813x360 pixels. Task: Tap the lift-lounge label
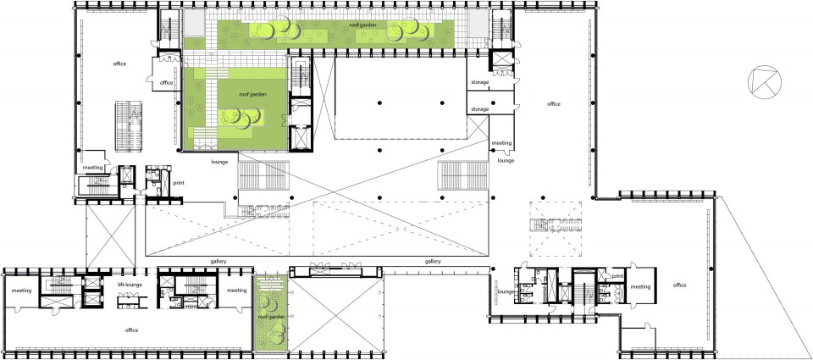(130, 285)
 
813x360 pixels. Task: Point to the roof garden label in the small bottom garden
(270, 317)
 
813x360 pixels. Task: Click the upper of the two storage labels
(479, 82)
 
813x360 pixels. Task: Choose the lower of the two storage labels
(479, 109)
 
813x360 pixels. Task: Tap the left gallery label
(218, 262)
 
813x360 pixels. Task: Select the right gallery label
(433, 262)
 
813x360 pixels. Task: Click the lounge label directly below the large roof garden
(220, 162)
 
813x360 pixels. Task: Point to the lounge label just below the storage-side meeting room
(506, 161)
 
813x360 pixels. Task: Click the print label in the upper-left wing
(180, 183)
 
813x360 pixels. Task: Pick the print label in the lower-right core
(617, 276)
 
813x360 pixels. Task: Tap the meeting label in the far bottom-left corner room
(21, 291)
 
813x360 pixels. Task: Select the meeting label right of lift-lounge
(236, 291)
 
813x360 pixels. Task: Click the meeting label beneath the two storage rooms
(501, 142)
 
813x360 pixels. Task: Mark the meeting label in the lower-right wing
(640, 287)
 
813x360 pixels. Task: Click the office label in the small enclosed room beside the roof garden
(167, 83)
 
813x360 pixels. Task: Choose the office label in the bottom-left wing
(131, 330)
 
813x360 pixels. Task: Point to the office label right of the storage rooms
(554, 103)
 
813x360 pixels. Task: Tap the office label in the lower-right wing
(680, 285)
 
